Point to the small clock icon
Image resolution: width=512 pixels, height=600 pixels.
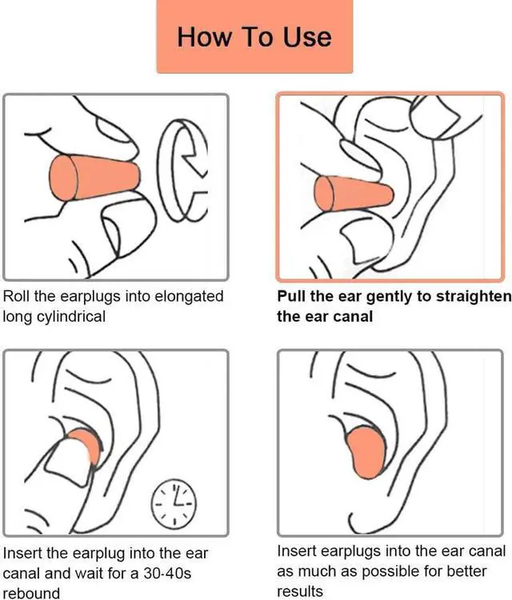(174, 502)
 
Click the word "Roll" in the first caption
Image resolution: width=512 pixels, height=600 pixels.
(18, 296)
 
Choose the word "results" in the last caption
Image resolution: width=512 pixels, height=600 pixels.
(300, 591)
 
